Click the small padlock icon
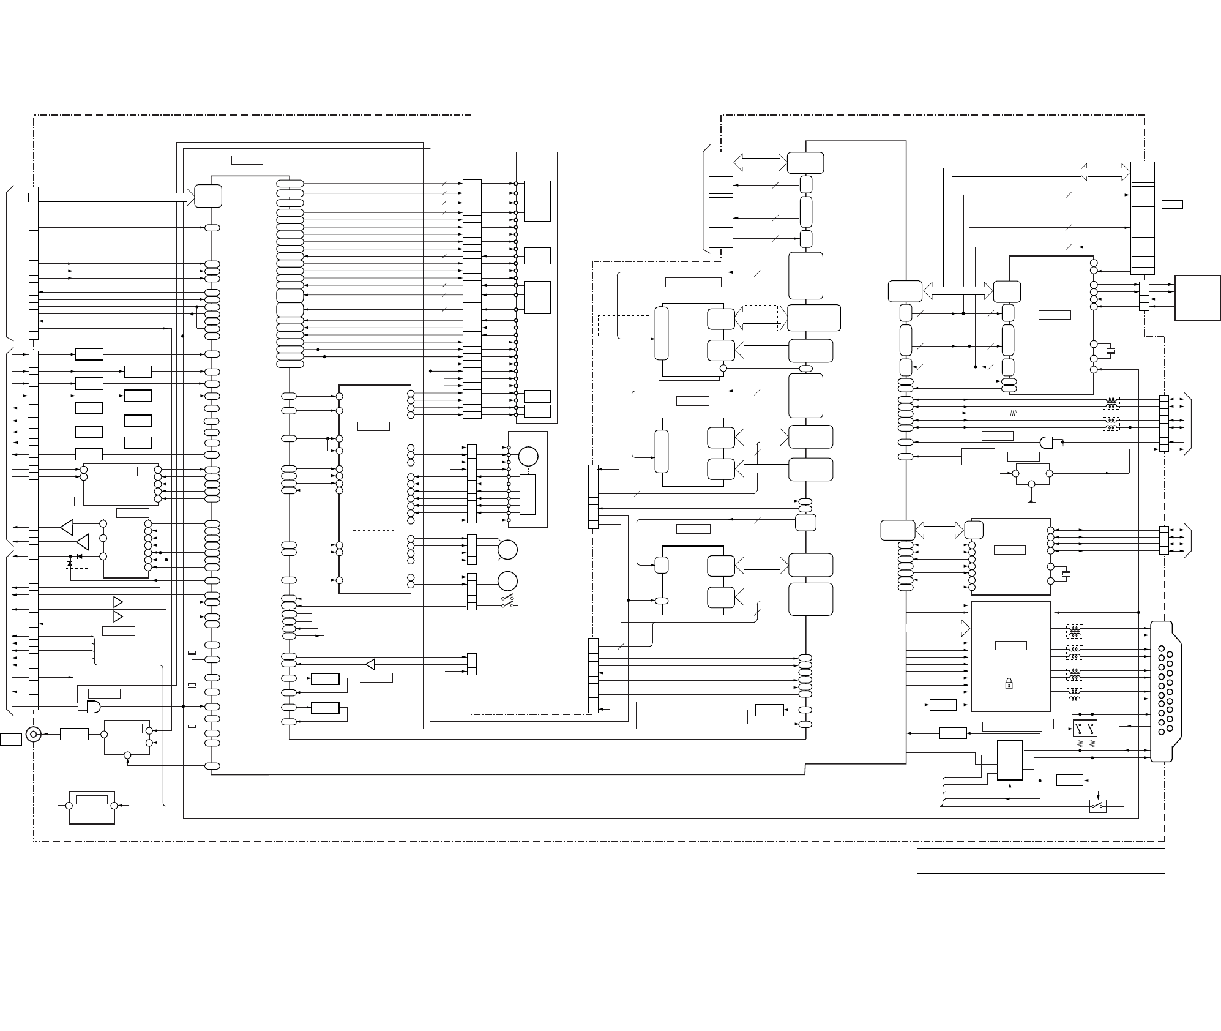click(x=1009, y=684)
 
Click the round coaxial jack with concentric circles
click(x=32, y=734)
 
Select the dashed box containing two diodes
click(x=76, y=561)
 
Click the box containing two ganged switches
click(x=1085, y=728)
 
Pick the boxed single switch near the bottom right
click(x=1097, y=806)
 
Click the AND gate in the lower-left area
click(x=94, y=707)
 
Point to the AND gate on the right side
click(x=1047, y=442)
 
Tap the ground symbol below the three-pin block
click(x=1032, y=501)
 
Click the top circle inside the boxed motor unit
click(x=528, y=456)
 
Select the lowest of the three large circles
click(x=507, y=580)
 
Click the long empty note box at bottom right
click(x=1040, y=860)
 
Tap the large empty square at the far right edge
click(x=1197, y=298)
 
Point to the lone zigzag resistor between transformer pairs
click(x=1013, y=413)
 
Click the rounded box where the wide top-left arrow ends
click(x=208, y=196)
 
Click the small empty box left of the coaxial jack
click(x=10, y=739)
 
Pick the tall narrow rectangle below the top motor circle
click(x=528, y=494)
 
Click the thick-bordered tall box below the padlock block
click(x=1010, y=760)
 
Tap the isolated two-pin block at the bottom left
click(x=92, y=807)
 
